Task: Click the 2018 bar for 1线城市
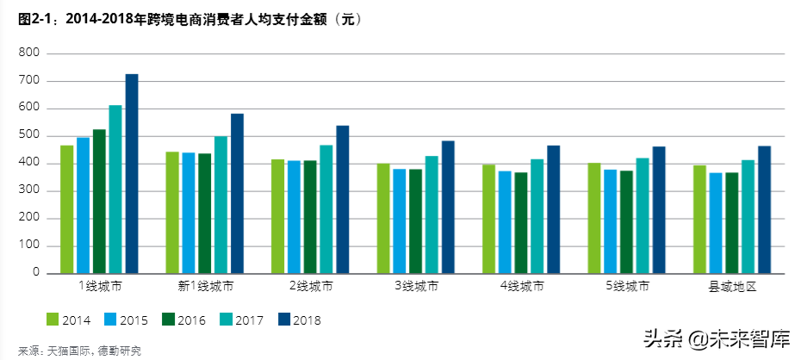[132, 173]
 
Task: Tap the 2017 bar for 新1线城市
[221, 204]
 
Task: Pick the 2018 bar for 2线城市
[343, 199]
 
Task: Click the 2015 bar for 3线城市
[399, 220]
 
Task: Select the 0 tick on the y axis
[35, 273]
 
